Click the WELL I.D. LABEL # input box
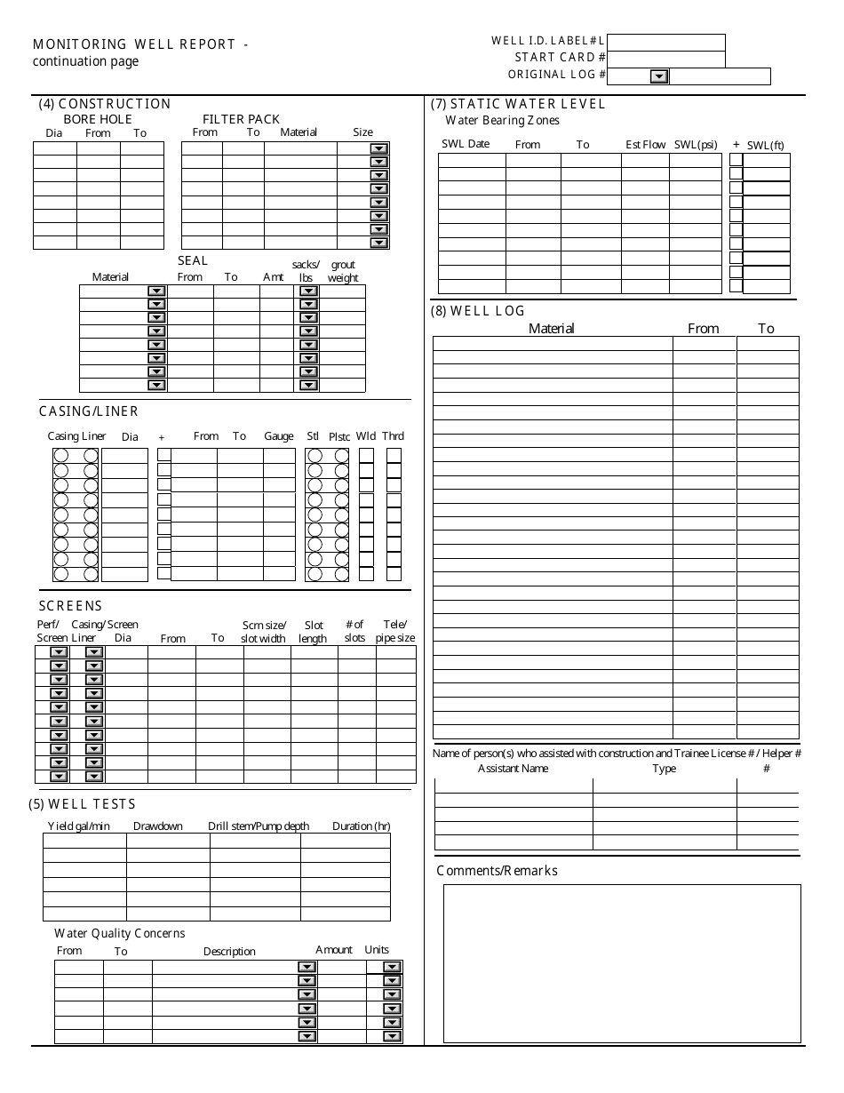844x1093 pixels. (x=666, y=43)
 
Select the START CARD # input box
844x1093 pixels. (x=666, y=60)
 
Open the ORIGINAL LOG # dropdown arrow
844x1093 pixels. (x=658, y=76)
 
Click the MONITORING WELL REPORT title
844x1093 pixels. (x=140, y=44)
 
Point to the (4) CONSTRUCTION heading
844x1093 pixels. (x=104, y=104)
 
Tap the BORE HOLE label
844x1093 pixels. (x=98, y=119)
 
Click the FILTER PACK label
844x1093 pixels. (x=241, y=119)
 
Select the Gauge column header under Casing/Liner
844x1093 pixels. (x=278, y=436)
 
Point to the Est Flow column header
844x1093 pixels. (x=645, y=144)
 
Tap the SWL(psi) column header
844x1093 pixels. (x=696, y=144)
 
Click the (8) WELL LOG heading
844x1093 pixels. (x=477, y=311)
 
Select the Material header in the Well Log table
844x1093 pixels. (x=551, y=329)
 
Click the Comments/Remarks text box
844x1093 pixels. (x=622, y=962)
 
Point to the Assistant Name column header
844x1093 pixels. (x=513, y=769)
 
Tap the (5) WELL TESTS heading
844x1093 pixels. (x=82, y=804)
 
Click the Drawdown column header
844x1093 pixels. (x=158, y=826)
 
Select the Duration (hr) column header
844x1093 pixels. (x=361, y=826)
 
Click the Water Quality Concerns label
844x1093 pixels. (x=120, y=933)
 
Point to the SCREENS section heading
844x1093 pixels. (x=70, y=606)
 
